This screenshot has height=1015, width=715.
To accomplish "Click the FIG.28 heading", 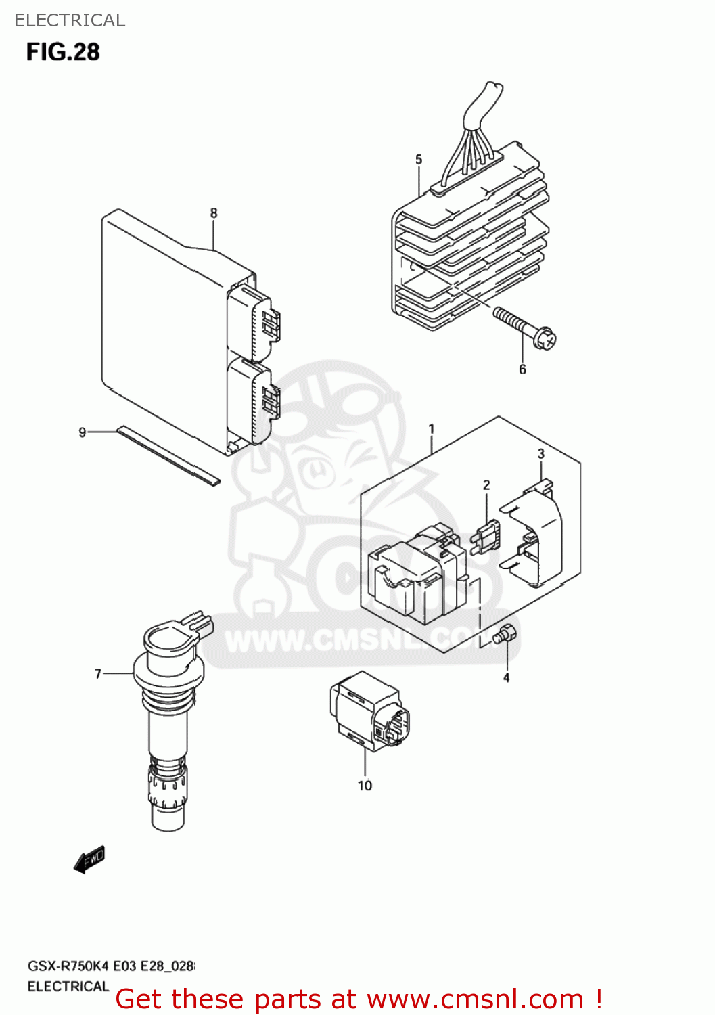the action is click(63, 52).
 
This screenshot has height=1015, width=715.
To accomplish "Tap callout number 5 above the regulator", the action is click(419, 160).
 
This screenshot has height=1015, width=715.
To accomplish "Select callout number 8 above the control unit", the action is click(214, 213).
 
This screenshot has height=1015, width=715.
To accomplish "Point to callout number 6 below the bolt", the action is click(522, 369).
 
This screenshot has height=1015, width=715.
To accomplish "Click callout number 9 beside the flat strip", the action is click(83, 432).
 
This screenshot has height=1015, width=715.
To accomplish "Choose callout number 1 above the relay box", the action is click(432, 429).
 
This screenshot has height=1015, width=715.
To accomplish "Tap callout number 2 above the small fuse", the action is click(486, 485).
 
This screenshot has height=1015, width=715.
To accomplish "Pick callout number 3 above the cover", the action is click(541, 454).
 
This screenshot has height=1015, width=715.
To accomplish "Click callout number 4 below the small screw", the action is click(506, 677).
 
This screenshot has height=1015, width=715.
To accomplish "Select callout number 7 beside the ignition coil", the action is click(98, 674).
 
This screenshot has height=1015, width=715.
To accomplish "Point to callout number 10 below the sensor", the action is click(365, 786).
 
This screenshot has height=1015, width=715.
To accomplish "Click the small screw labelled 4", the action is click(504, 635).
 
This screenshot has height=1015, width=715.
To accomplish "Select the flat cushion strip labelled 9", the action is click(168, 455).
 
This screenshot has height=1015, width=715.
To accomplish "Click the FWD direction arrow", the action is click(90, 859).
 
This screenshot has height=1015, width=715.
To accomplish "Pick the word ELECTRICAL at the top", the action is click(70, 20).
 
